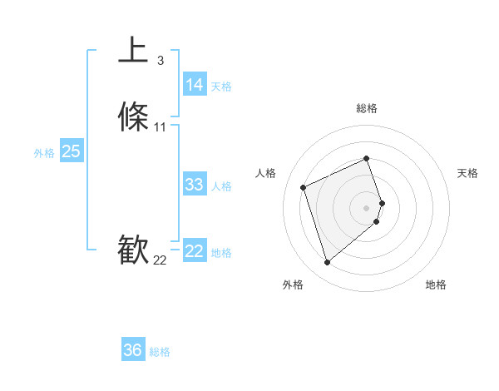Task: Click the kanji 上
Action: click(133, 50)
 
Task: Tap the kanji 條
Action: click(133, 117)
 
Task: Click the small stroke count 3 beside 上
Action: click(160, 60)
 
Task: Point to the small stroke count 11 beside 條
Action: click(161, 127)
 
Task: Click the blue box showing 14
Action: click(194, 85)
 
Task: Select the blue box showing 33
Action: click(194, 185)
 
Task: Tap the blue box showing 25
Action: click(71, 151)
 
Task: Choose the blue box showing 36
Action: click(132, 350)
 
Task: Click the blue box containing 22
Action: click(194, 252)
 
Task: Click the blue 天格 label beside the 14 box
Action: click(221, 87)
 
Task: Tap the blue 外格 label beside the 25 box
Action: click(44, 153)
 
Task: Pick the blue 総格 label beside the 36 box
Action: click(160, 352)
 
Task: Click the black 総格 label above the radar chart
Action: click(367, 108)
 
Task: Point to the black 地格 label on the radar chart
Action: click(436, 285)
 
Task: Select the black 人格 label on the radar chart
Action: click(266, 173)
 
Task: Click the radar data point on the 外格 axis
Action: click(327, 263)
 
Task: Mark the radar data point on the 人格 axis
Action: click(304, 186)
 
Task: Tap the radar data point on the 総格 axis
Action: click(367, 159)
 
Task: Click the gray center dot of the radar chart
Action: click(367, 207)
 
